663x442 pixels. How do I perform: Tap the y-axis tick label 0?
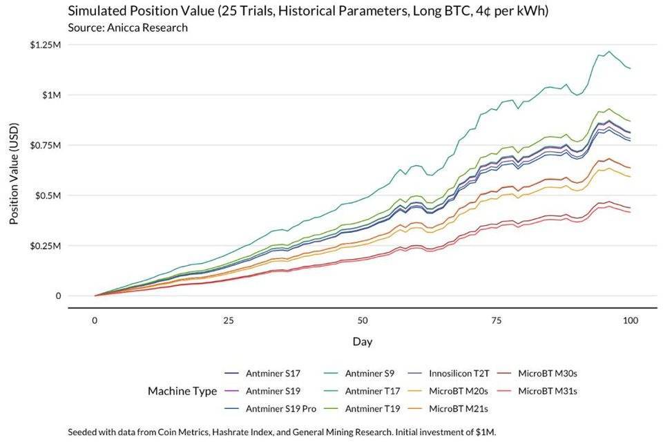[58, 296]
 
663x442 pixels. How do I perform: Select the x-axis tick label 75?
[497, 320]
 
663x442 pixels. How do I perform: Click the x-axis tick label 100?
[629, 320]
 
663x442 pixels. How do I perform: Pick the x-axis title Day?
[362, 341]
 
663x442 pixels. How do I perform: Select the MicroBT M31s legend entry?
[548, 391]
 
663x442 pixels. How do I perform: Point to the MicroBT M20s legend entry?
[459, 391]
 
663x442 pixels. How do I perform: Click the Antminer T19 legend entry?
[371, 409]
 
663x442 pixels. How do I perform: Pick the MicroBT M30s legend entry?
[548, 373]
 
